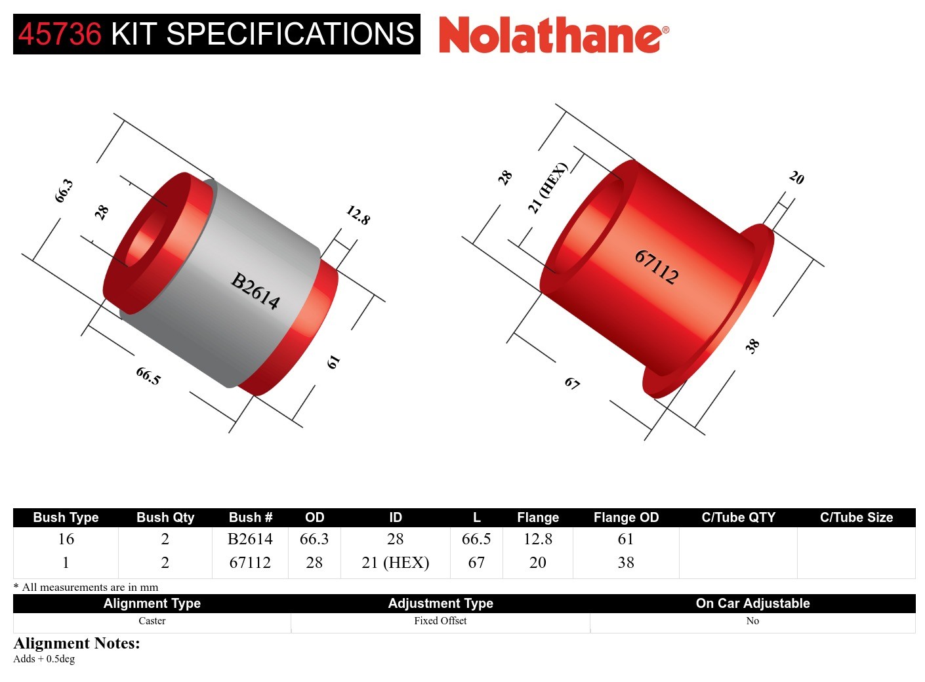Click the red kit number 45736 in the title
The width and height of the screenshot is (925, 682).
[60, 34]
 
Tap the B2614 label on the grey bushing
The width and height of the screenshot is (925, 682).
[255, 291]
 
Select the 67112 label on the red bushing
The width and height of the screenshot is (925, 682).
[656, 266]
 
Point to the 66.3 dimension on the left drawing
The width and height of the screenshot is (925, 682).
[64, 191]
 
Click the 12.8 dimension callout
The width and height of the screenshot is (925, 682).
[358, 215]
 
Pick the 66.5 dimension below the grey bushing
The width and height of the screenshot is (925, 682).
[148, 376]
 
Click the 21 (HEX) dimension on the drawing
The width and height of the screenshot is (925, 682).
[546, 188]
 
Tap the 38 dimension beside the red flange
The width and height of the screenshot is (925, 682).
[752, 346]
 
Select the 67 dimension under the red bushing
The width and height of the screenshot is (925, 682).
[572, 383]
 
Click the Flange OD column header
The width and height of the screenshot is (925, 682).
[625, 517]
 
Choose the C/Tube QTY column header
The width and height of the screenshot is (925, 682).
[738, 517]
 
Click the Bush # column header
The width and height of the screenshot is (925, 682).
[250, 517]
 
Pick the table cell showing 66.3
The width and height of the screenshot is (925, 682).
[314, 539]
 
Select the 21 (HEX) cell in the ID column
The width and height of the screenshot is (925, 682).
[395, 563]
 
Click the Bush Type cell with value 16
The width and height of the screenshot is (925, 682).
[66, 539]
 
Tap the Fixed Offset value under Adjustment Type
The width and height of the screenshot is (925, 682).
[440, 621]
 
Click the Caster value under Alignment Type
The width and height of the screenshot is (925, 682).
[152, 621]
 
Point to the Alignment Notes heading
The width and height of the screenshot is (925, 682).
[77, 643]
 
